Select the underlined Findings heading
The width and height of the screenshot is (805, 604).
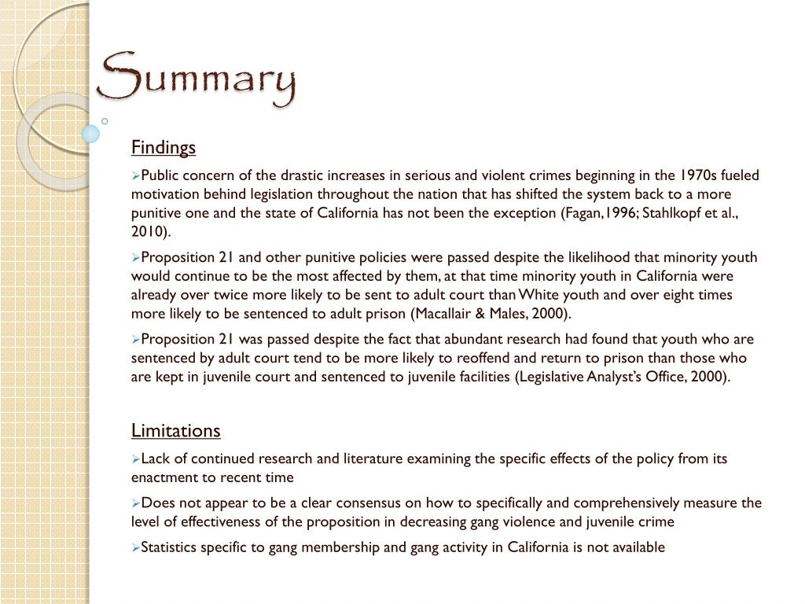[163, 148]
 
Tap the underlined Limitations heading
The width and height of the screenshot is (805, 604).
[175, 431]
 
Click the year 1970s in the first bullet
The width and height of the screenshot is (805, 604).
[702, 175]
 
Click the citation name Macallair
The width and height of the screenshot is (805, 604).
[437, 314]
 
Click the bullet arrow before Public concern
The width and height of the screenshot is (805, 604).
[136, 176]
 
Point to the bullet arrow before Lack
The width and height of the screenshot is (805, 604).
[136, 459]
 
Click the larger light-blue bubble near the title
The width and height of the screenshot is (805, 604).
[91, 134]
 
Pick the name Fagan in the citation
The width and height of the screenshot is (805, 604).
[582, 213]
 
